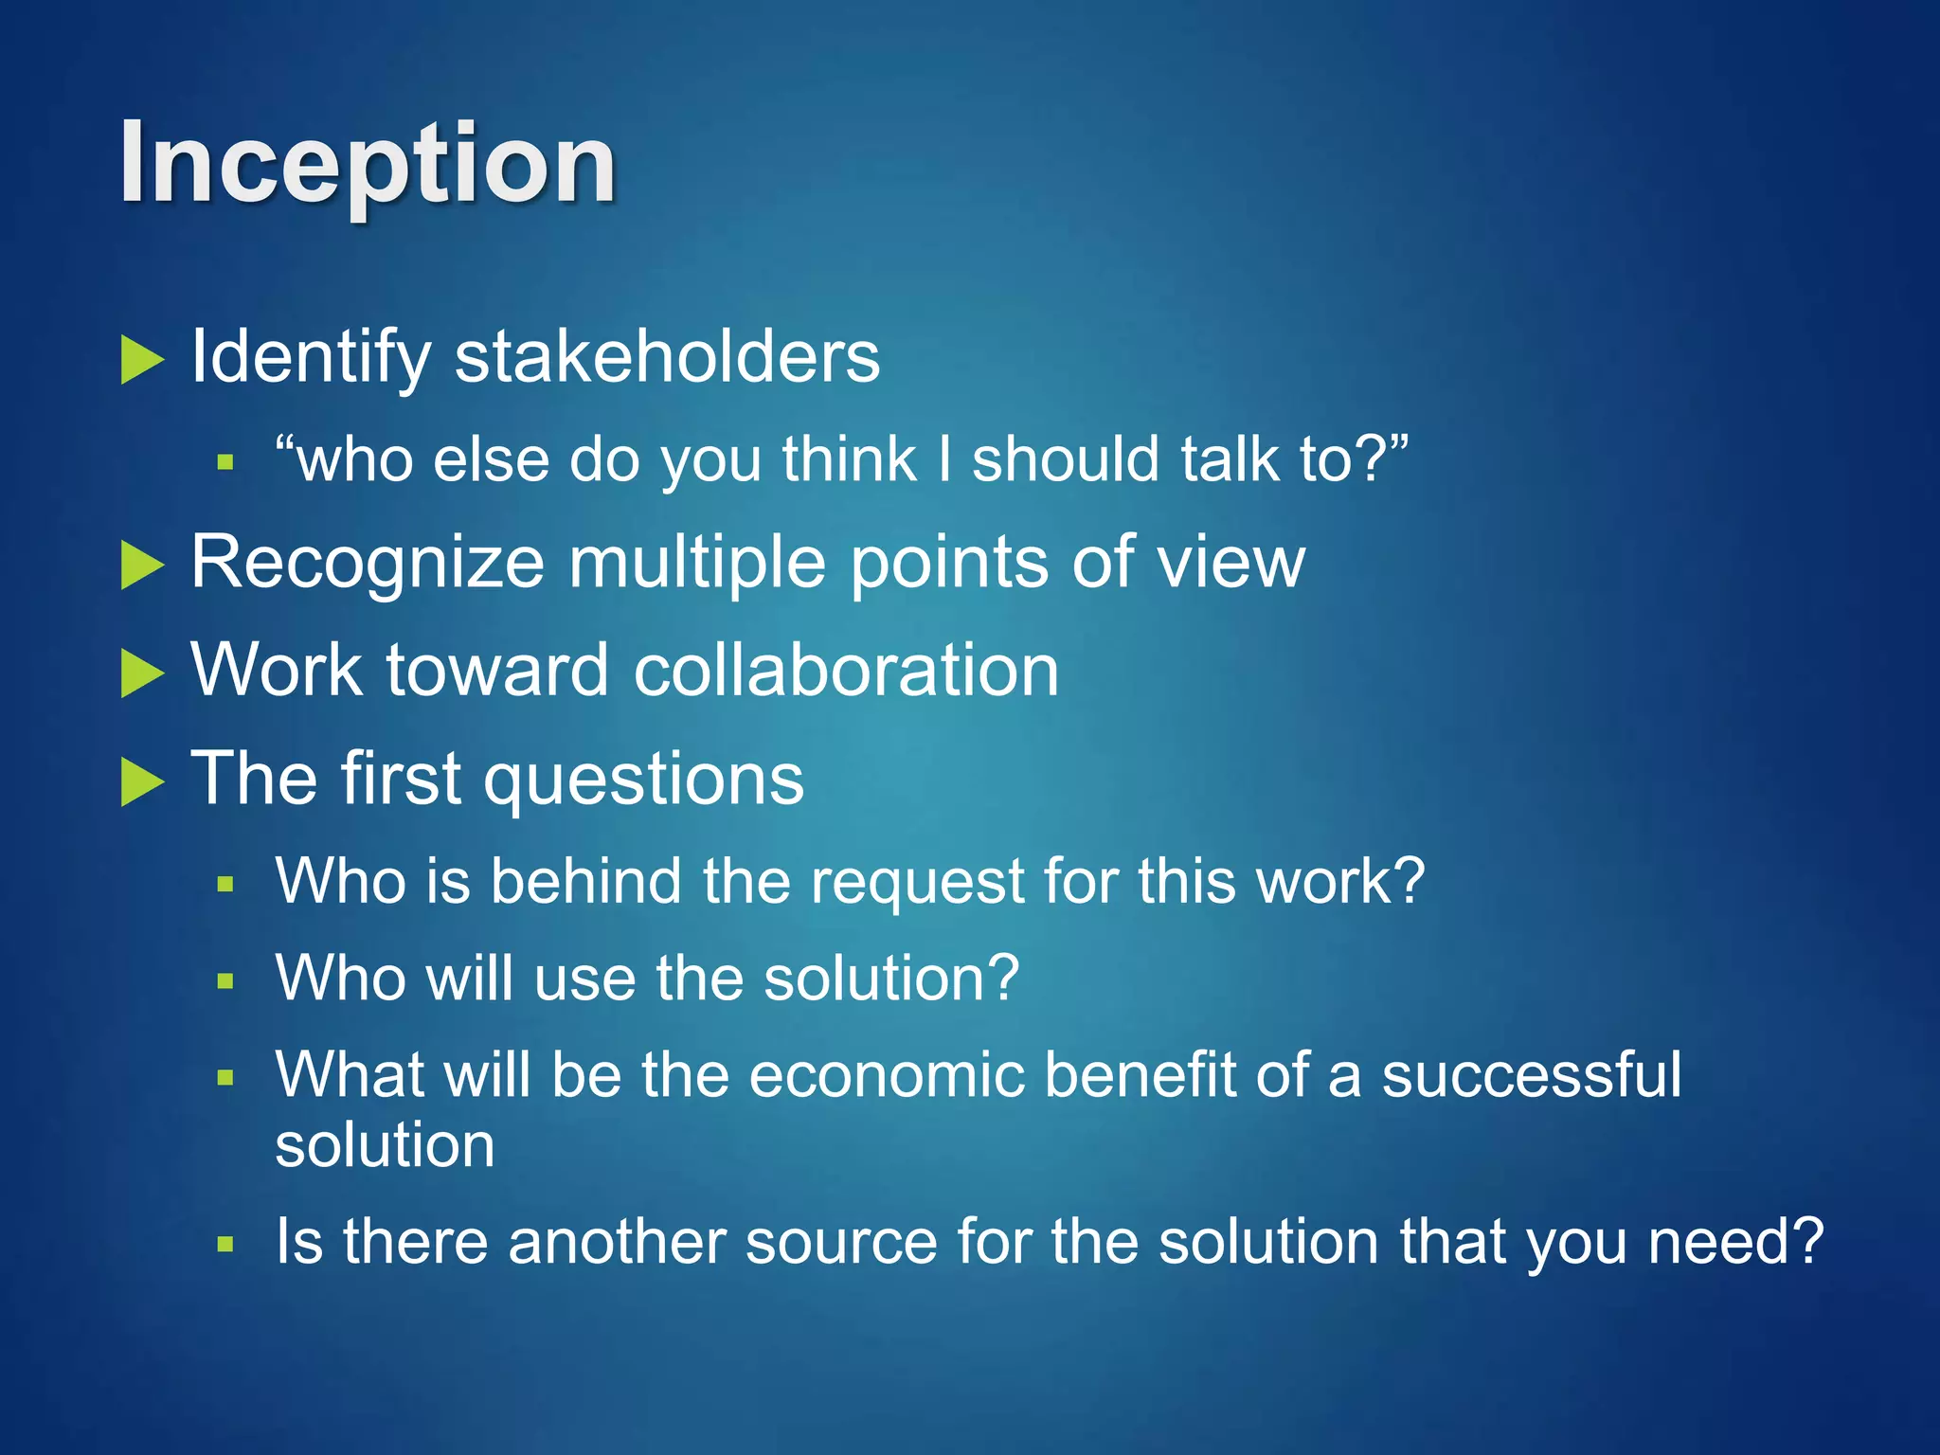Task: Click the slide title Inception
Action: tap(368, 165)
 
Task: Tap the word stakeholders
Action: tap(667, 357)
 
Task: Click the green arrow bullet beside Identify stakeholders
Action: tap(142, 361)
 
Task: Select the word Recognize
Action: tap(368, 562)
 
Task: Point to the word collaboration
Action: tap(846, 670)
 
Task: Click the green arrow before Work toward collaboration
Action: tap(142, 674)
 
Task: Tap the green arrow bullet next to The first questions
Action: tap(142, 782)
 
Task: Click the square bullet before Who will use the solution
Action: tap(225, 981)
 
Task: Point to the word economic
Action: tap(888, 1075)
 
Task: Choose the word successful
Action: tap(1531, 1075)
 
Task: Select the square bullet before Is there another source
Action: tap(225, 1245)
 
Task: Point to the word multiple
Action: tap(697, 562)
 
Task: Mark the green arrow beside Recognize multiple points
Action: tap(142, 566)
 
